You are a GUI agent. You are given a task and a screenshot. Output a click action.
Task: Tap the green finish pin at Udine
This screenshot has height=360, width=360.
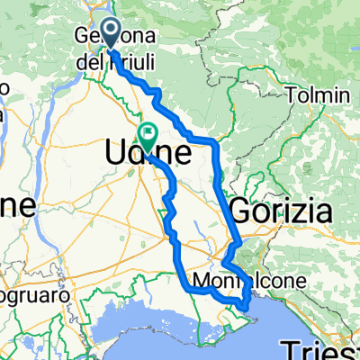point(147,135)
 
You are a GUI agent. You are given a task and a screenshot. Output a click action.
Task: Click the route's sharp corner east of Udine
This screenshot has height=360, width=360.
point(217,142)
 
